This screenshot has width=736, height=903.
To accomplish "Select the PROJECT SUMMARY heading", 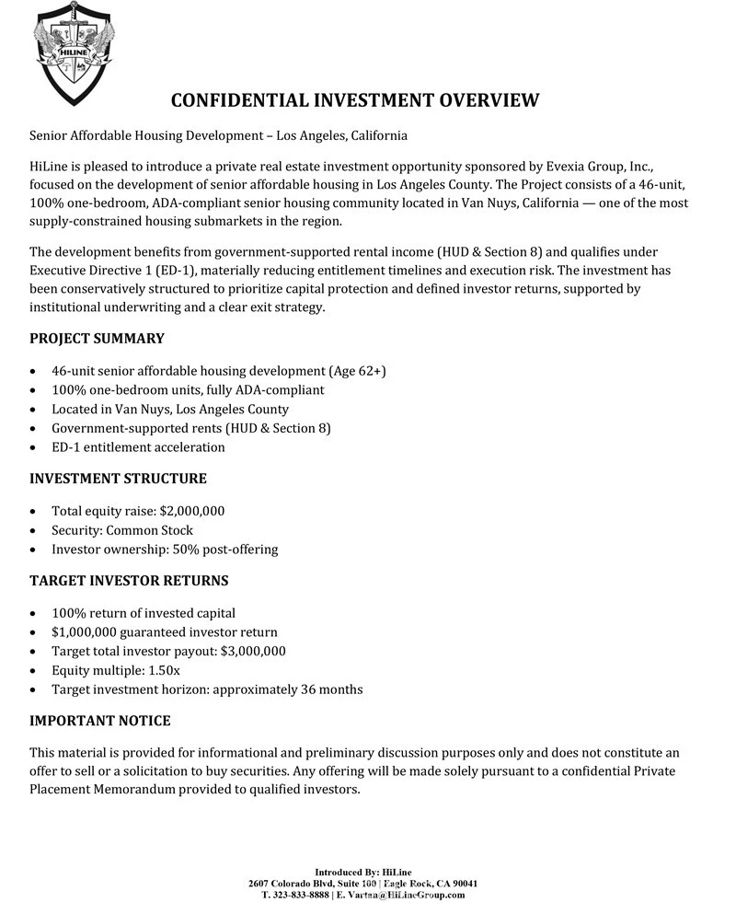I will click(97, 339).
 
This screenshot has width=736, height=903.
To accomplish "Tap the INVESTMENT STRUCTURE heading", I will click(118, 479).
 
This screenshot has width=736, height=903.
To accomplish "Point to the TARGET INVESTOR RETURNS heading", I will click(129, 581).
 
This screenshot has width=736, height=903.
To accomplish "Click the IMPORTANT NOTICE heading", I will click(100, 721).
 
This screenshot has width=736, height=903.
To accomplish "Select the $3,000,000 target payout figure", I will click(253, 651).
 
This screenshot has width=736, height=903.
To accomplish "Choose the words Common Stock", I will click(150, 530).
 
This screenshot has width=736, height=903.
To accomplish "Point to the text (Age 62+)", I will click(357, 371).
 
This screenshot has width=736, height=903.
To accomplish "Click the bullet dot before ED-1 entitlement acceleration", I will click(34, 448).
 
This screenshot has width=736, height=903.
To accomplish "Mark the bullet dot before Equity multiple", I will click(34, 671).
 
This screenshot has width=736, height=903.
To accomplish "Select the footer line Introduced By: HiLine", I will click(363, 873).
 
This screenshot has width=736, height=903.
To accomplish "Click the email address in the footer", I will click(406, 895).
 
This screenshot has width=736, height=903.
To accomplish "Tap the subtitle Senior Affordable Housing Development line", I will click(218, 135).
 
